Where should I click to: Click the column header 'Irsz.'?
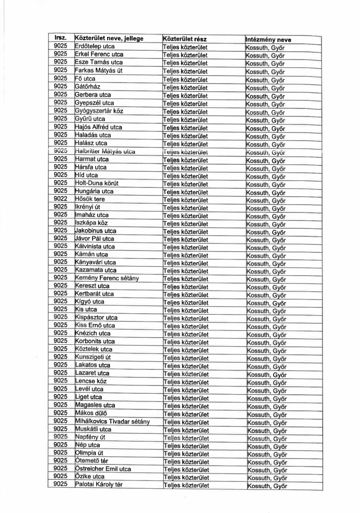(x=60, y=38)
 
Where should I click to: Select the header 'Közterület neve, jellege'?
(x=109, y=38)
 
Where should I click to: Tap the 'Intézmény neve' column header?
(x=268, y=39)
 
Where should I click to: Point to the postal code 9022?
(x=60, y=199)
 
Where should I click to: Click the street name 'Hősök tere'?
(x=90, y=199)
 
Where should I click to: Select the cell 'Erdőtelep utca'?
(x=95, y=46)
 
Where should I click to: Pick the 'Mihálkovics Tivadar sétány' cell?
(x=112, y=421)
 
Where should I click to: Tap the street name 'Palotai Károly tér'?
(x=99, y=484)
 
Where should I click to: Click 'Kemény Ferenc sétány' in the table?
(x=107, y=278)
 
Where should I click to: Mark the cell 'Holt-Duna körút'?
(x=97, y=183)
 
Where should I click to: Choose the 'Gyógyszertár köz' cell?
(x=99, y=111)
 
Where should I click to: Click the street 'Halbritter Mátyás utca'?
(x=105, y=151)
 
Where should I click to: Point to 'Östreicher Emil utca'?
(x=103, y=469)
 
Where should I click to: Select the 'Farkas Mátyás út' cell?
(x=98, y=70)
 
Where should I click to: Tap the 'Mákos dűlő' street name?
(x=91, y=413)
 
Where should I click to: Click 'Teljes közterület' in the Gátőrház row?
(x=185, y=87)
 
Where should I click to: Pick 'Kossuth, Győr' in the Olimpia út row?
(x=267, y=454)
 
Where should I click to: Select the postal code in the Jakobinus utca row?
(x=60, y=230)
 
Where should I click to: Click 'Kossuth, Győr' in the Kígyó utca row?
(x=266, y=303)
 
